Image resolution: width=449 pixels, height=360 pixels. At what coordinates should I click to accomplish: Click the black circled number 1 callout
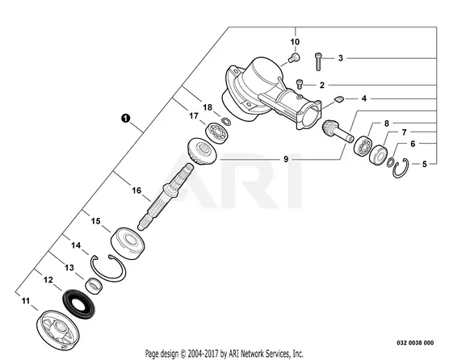point(125,118)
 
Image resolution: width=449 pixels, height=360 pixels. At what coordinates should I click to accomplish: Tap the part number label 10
point(295,42)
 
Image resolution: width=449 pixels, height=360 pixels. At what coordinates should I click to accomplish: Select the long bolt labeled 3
point(318,61)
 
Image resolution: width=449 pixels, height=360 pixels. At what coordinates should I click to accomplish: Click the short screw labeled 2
point(300,84)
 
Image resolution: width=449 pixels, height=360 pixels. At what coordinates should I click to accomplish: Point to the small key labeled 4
point(338,99)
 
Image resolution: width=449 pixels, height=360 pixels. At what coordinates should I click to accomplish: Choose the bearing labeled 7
point(379,155)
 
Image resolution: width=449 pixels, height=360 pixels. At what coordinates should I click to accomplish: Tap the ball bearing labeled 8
point(363,146)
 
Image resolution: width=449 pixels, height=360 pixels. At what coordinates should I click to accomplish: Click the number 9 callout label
point(286,159)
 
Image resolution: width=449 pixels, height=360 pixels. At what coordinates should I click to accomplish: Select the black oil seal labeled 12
point(78,304)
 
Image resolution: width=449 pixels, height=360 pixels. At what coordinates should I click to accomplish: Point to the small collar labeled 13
point(94,285)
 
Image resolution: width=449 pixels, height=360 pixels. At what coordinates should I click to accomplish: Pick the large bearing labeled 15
point(128,243)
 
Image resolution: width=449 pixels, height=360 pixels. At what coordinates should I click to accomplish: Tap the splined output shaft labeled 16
point(166,197)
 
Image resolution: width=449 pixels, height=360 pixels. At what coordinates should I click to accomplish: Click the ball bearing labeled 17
point(218,132)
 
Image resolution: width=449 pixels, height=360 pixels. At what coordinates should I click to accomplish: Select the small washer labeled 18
point(226,121)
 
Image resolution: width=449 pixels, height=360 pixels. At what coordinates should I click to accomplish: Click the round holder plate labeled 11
point(58,330)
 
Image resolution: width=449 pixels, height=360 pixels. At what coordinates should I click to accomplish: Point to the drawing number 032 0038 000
point(415,342)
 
